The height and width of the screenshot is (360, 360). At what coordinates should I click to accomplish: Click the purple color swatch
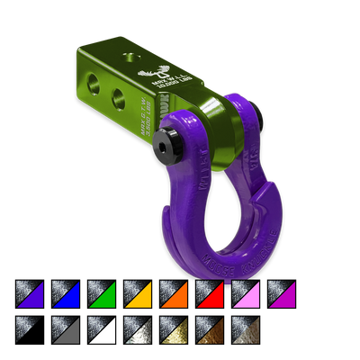pyautogui.click(x=30, y=294)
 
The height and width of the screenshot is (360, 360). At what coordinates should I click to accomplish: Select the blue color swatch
pyautogui.click(x=66, y=294)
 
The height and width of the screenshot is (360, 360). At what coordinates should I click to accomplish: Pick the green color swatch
pyautogui.click(x=102, y=294)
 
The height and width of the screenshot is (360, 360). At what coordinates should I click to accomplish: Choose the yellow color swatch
pyautogui.click(x=138, y=294)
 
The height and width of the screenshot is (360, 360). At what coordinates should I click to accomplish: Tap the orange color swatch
pyautogui.click(x=174, y=294)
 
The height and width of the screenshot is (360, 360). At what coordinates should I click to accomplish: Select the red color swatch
pyautogui.click(x=210, y=294)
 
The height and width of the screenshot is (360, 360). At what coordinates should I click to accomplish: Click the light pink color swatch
pyautogui.click(x=246, y=294)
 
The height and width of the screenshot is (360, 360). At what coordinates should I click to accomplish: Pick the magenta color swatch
pyautogui.click(x=282, y=294)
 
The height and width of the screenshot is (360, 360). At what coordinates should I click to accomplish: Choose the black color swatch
pyautogui.click(x=30, y=329)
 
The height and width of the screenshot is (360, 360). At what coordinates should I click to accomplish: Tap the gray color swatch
pyautogui.click(x=66, y=329)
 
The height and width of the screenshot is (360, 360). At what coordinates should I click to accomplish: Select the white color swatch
pyautogui.click(x=102, y=329)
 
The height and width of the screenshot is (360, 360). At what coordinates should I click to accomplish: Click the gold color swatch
pyautogui.click(x=174, y=329)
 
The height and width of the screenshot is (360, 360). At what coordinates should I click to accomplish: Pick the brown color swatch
pyautogui.click(x=210, y=329)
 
